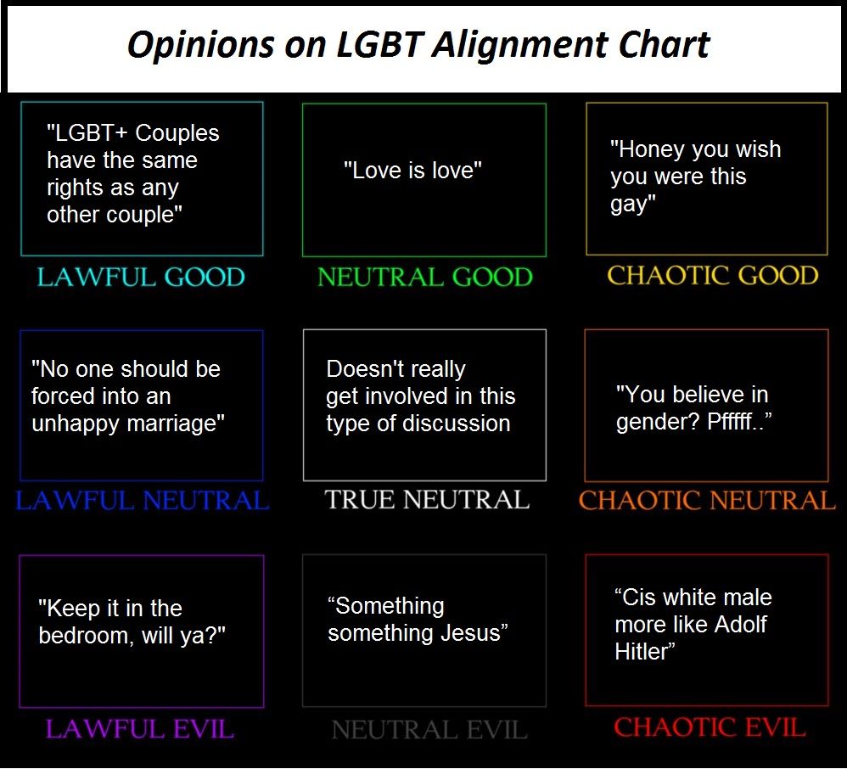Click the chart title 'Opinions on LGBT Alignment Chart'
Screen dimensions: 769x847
pos(418,45)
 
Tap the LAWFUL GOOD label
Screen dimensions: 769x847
pos(141,278)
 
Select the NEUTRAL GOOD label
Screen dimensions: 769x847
pos(424,278)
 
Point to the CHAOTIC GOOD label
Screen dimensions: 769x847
pos(713,276)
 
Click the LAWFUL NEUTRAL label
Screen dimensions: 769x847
pos(142,501)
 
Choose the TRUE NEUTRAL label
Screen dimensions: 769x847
pos(427,500)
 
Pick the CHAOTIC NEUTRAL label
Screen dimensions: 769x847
pos(707,501)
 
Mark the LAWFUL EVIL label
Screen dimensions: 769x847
pos(139,728)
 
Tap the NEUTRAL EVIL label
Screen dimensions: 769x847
pos(429,729)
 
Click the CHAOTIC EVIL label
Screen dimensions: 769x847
pos(710,727)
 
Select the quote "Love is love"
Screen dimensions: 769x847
pos(412,171)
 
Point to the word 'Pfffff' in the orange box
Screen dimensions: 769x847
pos(736,422)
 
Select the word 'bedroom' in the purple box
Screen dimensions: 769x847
pos(83,636)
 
